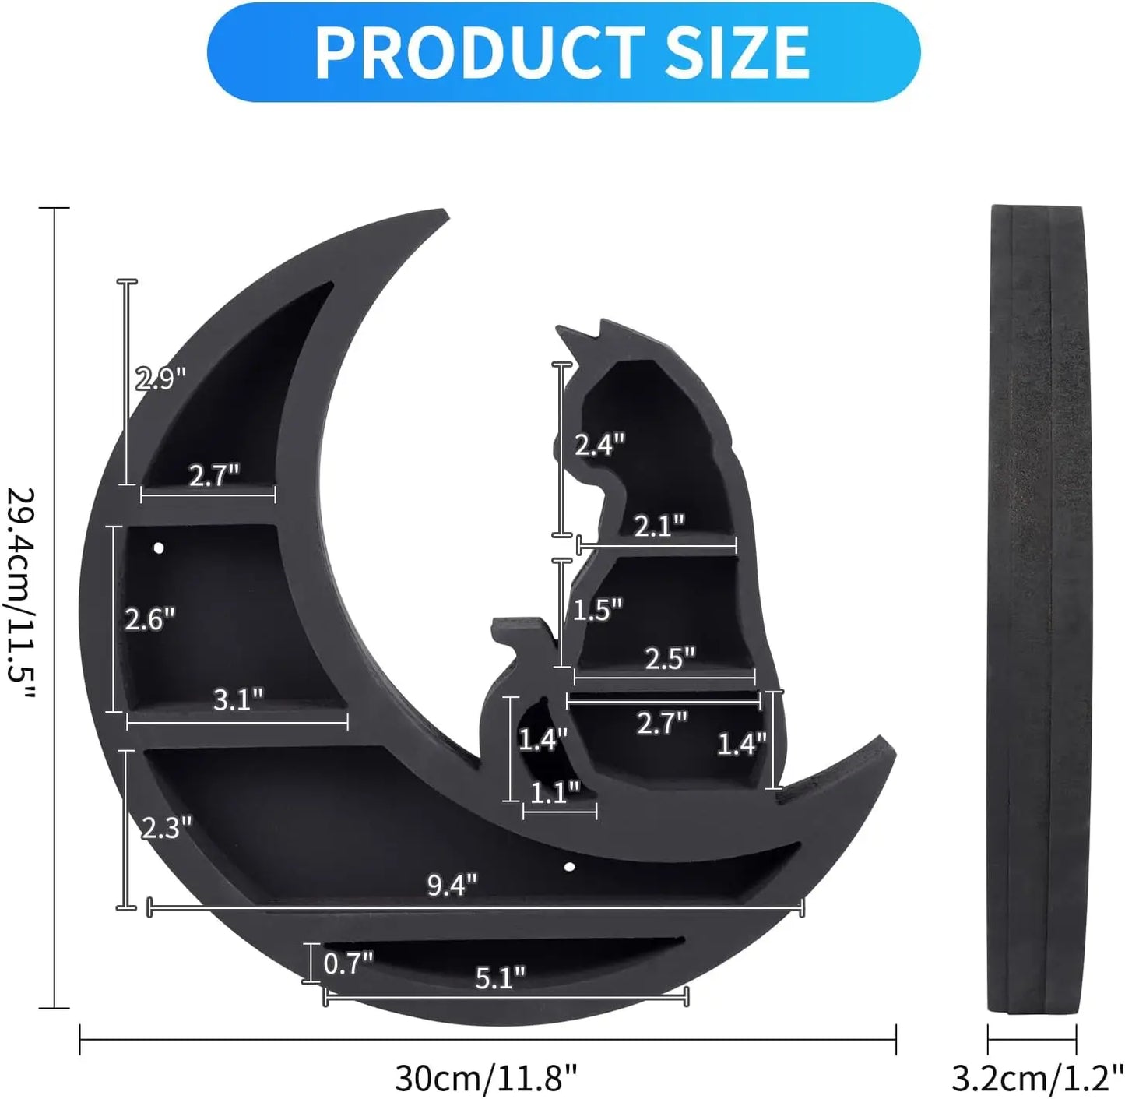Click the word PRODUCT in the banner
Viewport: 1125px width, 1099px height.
point(480,53)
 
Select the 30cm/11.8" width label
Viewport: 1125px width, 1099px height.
point(486,1077)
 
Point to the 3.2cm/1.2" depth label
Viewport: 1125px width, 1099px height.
point(1035,1077)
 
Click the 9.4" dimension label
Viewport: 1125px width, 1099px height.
point(452,885)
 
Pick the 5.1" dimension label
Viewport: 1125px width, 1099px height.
point(501,977)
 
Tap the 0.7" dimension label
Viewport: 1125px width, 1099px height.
point(349,963)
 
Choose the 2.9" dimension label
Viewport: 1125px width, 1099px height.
point(160,379)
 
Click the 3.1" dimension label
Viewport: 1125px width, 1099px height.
point(238,700)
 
